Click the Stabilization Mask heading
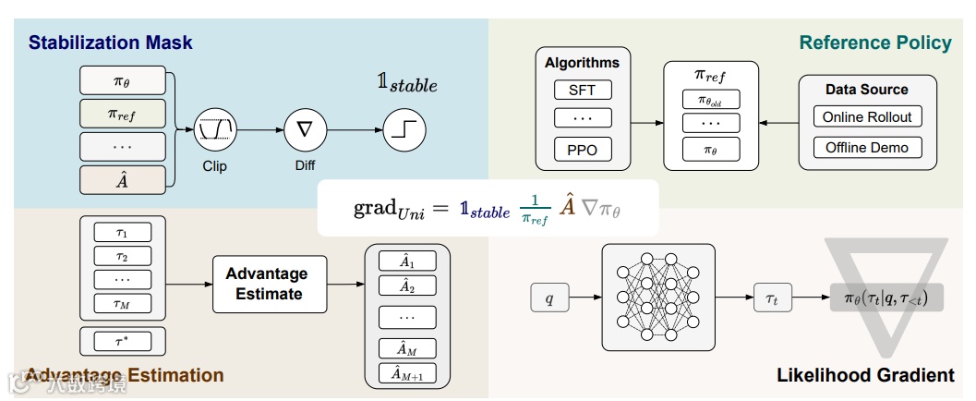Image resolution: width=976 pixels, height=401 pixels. tap(110, 43)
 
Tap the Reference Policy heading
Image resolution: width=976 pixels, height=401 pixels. tap(874, 43)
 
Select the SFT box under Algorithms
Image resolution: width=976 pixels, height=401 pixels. tap(582, 91)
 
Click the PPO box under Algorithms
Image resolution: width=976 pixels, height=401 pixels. tap(582, 149)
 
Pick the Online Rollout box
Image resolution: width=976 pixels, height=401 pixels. tap(866, 117)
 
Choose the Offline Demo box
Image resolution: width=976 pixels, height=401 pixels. tap(866, 148)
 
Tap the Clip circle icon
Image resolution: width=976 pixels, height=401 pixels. tap(214, 130)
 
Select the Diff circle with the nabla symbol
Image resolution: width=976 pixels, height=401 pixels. tap(305, 130)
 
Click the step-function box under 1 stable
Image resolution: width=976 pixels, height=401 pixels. tap(404, 130)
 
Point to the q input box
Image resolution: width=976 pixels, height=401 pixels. tap(549, 298)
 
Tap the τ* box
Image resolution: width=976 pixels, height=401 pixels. tap(122, 341)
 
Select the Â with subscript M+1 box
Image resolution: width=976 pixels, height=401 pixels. tap(406, 374)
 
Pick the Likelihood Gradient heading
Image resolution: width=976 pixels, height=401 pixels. tap(865, 375)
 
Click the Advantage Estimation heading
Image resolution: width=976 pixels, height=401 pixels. tap(125, 375)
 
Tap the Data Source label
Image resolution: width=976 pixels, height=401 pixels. tap(866, 90)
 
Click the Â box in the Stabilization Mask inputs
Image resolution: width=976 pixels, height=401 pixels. tap(122, 179)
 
